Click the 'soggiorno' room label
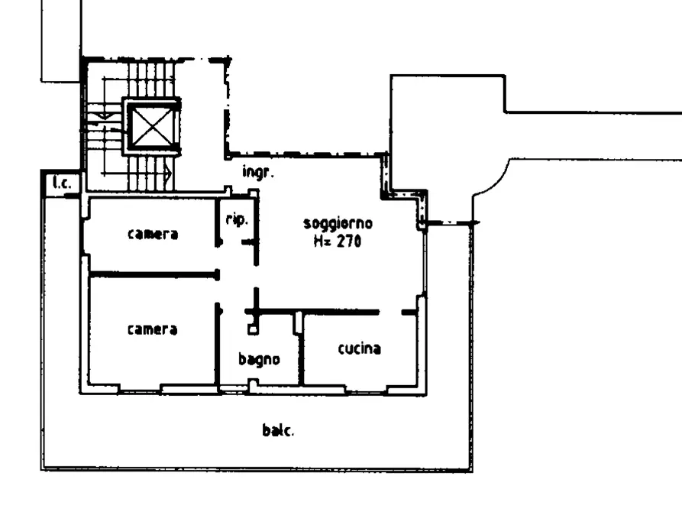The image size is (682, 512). point(338,224)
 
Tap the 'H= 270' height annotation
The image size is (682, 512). point(338,241)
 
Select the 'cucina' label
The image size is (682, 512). point(359,348)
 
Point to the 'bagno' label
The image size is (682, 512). point(259,360)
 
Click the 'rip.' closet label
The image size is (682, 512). point(237,219)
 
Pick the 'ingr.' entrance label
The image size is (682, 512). point(258,172)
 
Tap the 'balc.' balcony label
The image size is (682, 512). point(278,430)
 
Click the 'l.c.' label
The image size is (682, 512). point(62,183)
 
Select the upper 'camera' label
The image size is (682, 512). point(153,235)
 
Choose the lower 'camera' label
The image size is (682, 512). point(153,329)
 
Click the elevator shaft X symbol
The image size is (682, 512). point(152,126)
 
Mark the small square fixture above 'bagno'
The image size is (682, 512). point(253,329)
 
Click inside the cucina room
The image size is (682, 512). point(359,366)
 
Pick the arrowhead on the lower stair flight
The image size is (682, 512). point(168,174)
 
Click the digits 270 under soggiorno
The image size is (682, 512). point(349,241)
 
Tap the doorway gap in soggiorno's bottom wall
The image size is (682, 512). point(390,312)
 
